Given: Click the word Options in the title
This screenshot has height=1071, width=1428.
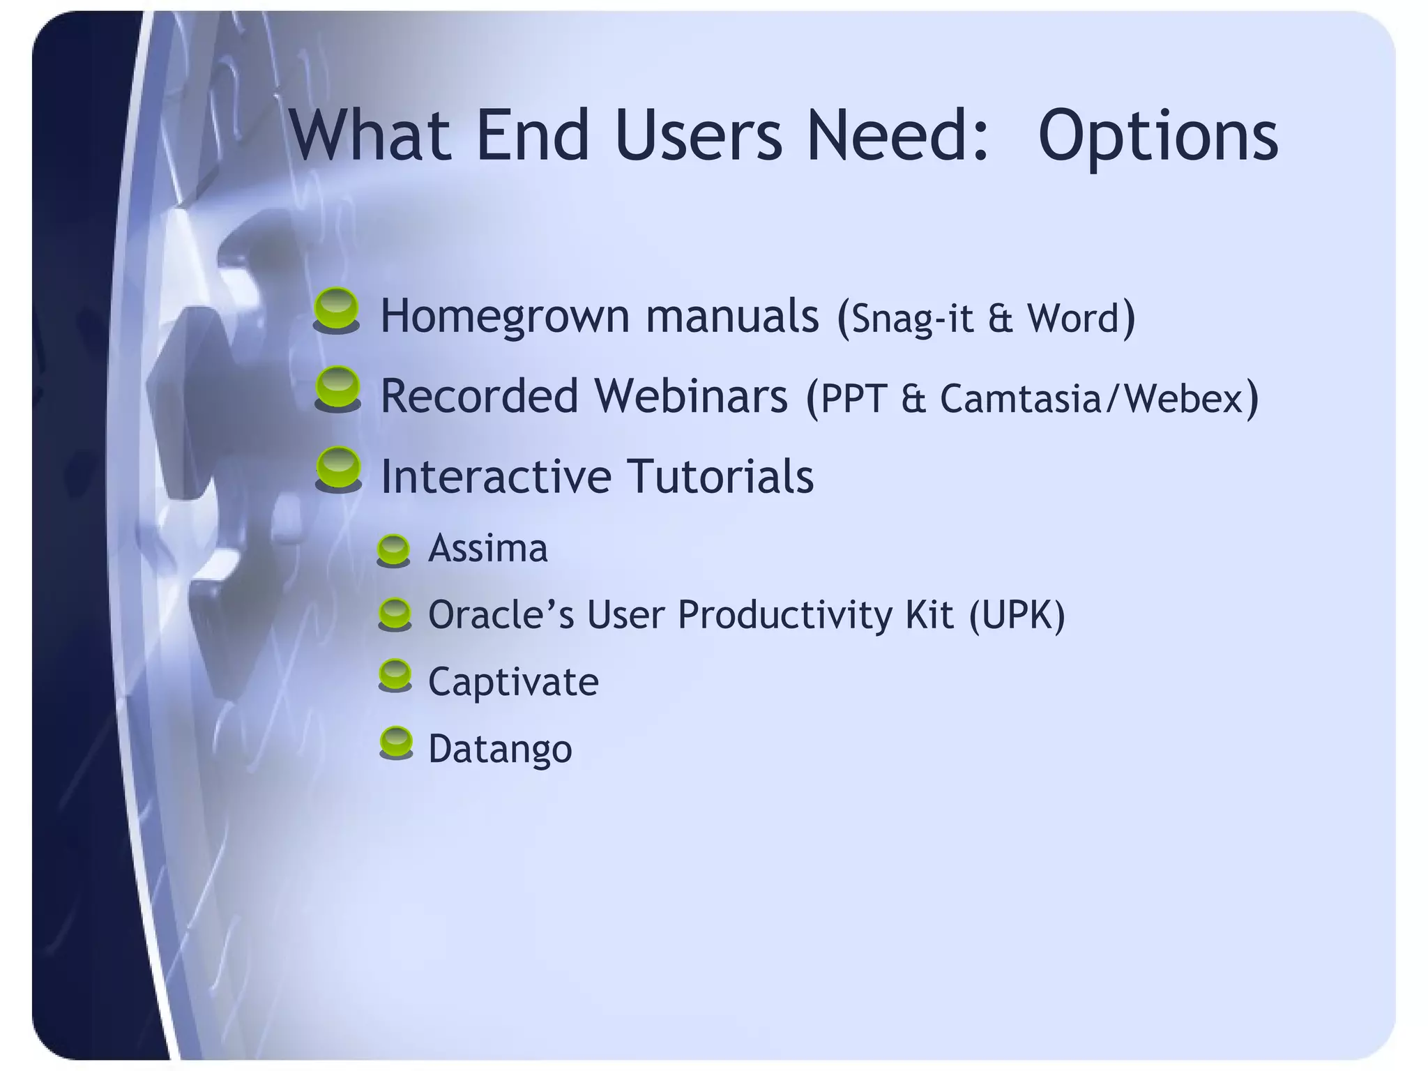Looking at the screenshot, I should coord(1157,136).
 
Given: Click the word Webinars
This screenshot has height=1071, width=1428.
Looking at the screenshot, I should coord(691,396).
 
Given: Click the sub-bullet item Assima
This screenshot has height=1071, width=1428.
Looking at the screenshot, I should coord(487,548).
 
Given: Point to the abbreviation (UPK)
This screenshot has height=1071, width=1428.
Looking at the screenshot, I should coord(1017,615).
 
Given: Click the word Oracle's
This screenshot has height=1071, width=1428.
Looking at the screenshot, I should coord(501,615).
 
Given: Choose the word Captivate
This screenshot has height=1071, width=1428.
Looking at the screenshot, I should coord(513,681).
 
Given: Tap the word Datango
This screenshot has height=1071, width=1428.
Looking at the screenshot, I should coord(500,749).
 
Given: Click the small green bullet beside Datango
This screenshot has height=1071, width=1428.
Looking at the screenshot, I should coord(396,742).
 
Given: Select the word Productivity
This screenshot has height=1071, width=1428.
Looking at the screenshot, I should coord(784,615).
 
